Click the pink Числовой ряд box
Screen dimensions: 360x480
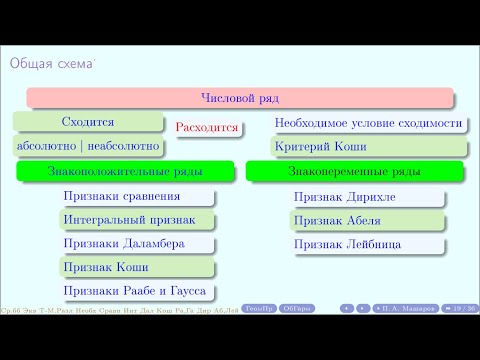click(x=240, y=98)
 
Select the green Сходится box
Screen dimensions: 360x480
click(x=87, y=123)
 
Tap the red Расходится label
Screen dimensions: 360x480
click(x=206, y=128)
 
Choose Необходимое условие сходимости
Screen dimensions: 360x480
click(x=368, y=123)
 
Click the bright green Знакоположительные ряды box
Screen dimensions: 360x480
click(x=124, y=172)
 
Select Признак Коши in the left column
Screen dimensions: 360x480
click(x=101, y=268)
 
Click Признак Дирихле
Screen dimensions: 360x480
click(x=344, y=197)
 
